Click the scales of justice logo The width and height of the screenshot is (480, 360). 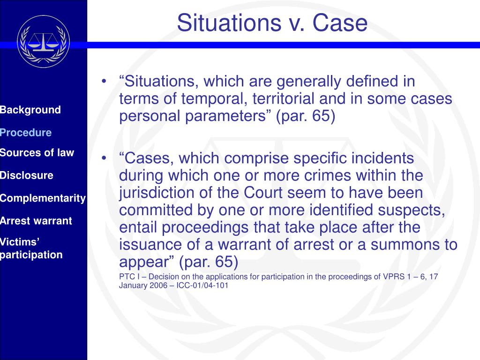(43, 41)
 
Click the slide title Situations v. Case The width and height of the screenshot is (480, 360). (272, 22)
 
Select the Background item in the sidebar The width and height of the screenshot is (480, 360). (30, 110)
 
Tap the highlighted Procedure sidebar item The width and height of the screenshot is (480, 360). (26, 133)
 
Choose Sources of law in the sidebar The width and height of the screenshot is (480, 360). (37, 153)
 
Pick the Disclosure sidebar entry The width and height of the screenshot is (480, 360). (27, 176)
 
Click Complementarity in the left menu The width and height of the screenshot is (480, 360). (43, 198)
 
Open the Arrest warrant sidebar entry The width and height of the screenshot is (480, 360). (36, 221)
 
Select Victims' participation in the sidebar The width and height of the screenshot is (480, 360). (31, 248)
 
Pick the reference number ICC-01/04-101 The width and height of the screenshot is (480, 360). (202, 285)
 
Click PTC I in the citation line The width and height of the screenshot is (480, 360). (129, 277)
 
